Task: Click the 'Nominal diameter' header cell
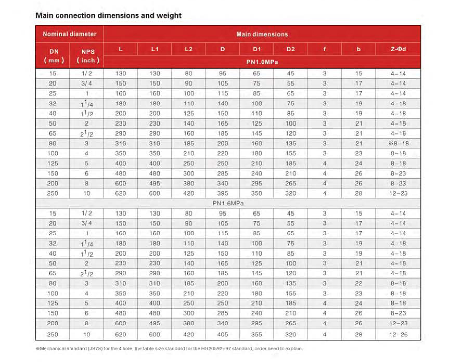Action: point(69,34)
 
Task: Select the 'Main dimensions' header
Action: point(262,34)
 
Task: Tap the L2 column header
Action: point(188,49)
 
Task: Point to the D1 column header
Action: point(257,49)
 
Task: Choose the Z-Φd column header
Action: point(398,49)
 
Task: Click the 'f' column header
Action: point(324,49)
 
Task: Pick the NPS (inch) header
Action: point(88,56)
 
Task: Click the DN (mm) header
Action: point(54,56)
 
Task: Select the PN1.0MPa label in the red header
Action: point(262,62)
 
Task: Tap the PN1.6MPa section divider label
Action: point(228,203)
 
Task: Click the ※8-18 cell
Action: point(398,143)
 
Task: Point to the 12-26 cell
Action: point(398,334)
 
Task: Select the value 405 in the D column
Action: point(223,334)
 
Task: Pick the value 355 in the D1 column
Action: point(257,334)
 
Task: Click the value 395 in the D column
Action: point(223,193)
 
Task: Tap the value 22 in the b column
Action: point(359,283)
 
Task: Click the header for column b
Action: point(359,49)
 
